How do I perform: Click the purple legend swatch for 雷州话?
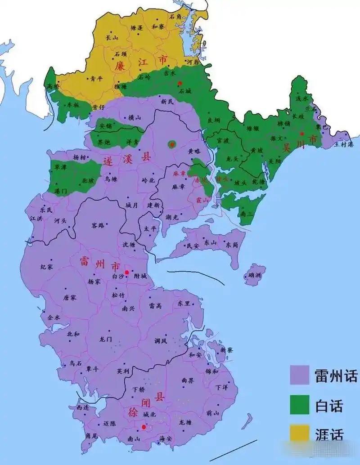click(x=300, y=375)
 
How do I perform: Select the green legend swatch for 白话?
click(x=300, y=404)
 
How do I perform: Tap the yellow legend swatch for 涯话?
click(x=300, y=433)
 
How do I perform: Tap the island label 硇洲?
click(x=255, y=275)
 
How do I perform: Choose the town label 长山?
click(x=112, y=38)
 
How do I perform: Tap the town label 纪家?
click(x=47, y=267)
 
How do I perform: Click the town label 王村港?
click(x=344, y=144)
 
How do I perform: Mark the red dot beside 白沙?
click(x=127, y=273)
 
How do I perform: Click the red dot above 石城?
click(x=180, y=83)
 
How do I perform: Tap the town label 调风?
click(x=160, y=340)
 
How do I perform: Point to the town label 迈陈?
click(x=109, y=424)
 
